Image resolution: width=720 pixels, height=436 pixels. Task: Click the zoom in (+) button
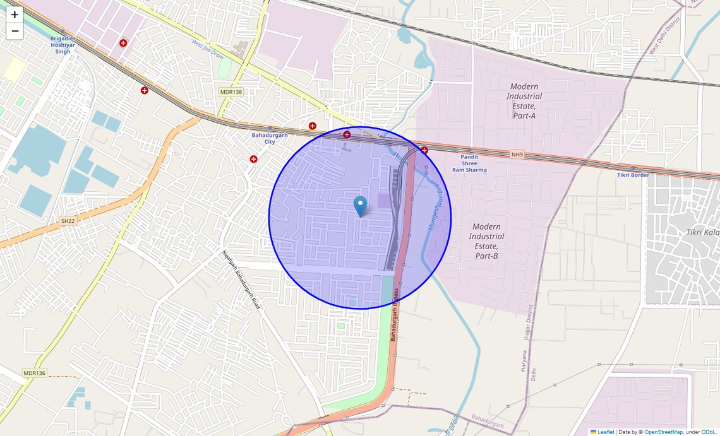[15, 15]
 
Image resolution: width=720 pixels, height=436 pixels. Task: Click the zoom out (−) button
[15, 31]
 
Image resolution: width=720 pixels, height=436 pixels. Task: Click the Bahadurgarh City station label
[270, 138]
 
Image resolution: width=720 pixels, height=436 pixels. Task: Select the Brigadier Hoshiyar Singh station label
[63, 45]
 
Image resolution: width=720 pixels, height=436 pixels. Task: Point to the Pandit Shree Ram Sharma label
[469, 163]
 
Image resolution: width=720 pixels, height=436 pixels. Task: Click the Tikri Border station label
[633, 175]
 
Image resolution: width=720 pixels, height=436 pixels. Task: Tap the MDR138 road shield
[231, 92]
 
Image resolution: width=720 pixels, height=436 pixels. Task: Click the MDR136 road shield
[35, 373]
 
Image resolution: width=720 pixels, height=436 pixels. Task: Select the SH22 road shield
[67, 221]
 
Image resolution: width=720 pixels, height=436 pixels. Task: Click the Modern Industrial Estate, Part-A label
[524, 101]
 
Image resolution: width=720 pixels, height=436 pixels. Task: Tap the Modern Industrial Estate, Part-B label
[486, 241]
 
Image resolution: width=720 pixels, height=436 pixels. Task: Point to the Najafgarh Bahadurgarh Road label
[241, 280]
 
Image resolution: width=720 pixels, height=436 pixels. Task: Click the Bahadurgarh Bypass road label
[394, 315]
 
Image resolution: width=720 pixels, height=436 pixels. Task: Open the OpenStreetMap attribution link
[663, 432]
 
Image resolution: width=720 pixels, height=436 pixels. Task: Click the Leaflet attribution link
[606, 432]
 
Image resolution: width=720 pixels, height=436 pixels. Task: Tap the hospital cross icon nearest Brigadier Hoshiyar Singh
[123, 43]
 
